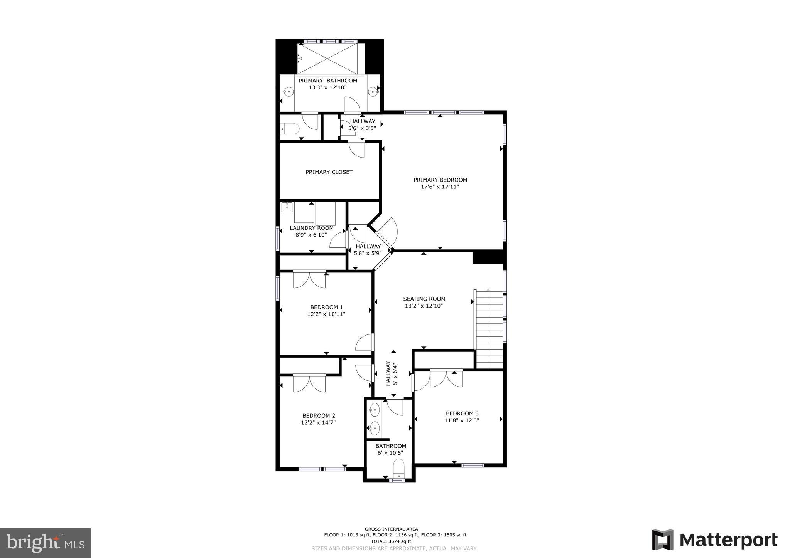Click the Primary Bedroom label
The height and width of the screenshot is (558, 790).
[440, 180]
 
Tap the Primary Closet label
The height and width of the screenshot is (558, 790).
[329, 172]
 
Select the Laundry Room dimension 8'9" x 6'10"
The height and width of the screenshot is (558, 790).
[311, 235]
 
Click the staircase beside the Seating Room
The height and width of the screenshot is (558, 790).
[489, 329]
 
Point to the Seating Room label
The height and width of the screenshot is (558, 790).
[424, 299]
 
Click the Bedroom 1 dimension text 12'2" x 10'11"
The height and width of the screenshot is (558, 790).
[326, 314]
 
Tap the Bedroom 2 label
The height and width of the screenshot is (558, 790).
[319, 416]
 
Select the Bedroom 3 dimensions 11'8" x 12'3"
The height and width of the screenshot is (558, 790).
[462, 420]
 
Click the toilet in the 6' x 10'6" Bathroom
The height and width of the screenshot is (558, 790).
[398, 467]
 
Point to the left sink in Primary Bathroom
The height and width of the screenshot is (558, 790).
[288, 92]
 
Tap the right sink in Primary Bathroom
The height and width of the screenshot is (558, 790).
[372, 92]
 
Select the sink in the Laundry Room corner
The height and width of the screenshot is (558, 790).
[287, 207]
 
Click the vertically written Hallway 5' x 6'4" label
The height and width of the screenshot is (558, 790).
[391, 373]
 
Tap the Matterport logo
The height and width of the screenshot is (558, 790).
[714, 540]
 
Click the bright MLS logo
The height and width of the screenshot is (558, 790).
[45, 543]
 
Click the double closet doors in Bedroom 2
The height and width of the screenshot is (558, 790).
[309, 383]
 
